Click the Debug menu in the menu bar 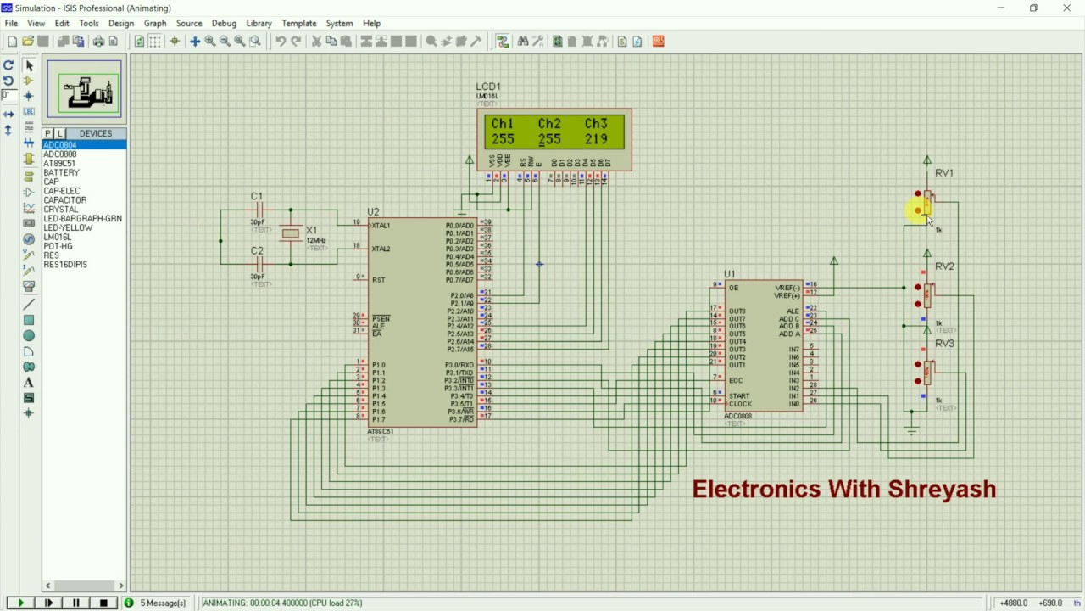224,23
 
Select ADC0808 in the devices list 60,154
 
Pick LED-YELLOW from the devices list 68,227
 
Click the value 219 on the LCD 596,139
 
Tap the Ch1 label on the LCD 502,124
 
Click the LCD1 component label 487,87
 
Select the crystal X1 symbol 291,233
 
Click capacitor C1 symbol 260,210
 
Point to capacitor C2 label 257,251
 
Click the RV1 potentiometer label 944,173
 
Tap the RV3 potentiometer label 944,344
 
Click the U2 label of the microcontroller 373,212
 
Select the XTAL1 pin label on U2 381,226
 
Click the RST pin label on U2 378,280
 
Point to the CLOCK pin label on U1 740,404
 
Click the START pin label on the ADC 739,396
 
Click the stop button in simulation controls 103,603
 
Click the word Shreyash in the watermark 942,490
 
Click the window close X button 1066,8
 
